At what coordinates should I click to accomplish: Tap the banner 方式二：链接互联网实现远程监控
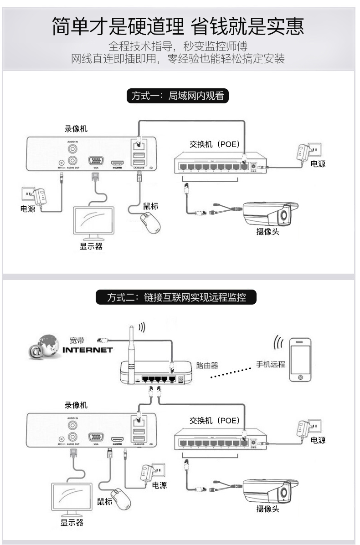[176, 298]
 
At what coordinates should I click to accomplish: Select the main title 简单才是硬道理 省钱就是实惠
[178, 27]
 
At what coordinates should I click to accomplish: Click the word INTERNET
[87, 350]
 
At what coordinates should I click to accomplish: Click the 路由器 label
[207, 365]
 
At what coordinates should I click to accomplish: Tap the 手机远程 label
[270, 364]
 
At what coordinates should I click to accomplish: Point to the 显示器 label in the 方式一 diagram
[91, 246]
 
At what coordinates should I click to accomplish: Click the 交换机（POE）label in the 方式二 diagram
[214, 421]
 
